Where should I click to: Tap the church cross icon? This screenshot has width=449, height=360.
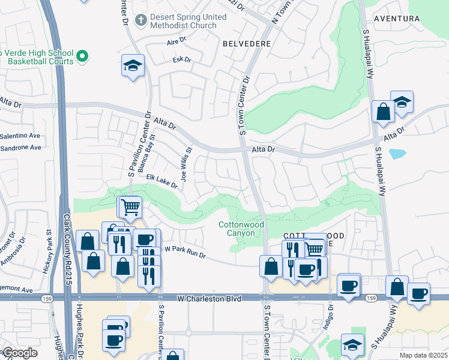pyautogui.click(x=141, y=20)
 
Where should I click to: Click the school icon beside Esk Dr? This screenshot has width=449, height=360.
pyautogui.click(x=132, y=65)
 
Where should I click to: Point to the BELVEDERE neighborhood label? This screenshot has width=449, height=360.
pyautogui.click(x=246, y=44)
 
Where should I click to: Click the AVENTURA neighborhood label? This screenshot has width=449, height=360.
pyautogui.click(x=396, y=19)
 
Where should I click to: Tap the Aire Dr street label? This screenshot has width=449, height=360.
pyautogui.click(x=178, y=44)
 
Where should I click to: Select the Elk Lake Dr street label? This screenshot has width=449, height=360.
pyautogui.click(x=162, y=181)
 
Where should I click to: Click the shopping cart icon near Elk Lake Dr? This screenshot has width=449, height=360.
pyautogui.click(x=130, y=208)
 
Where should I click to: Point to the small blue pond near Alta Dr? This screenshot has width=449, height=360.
pyautogui.click(x=397, y=154)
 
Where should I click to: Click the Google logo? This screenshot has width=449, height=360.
pyautogui.click(x=20, y=353)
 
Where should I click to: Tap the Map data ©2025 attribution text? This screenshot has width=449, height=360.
pyautogui.click(x=423, y=355)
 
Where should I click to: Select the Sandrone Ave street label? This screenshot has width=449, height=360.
pyautogui.click(x=21, y=147)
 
